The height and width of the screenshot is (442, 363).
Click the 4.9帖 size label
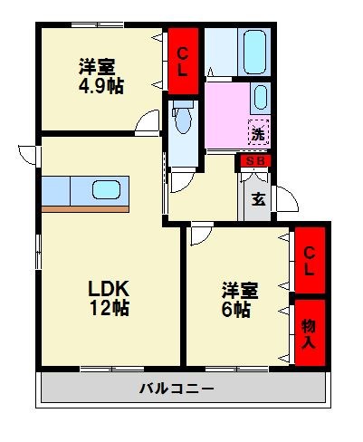pyautogui.click(x=100, y=86)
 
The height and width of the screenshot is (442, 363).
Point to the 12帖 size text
pyautogui.click(x=109, y=309)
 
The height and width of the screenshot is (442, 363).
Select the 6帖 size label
pyautogui.click(x=238, y=309)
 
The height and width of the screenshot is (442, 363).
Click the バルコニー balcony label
pyautogui.click(x=177, y=389)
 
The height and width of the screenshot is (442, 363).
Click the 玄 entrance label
pyautogui.click(x=258, y=200)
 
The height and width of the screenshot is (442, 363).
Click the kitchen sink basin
pyautogui.click(x=107, y=191)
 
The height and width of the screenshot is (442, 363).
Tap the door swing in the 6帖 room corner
pyautogui.click(x=198, y=235)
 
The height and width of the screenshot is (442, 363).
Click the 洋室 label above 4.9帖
pyautogui.click(x=96, y=65)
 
